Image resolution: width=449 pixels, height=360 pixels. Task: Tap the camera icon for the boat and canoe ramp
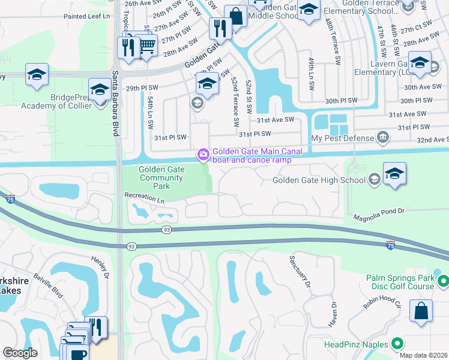203,155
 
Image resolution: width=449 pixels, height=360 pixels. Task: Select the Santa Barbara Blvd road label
114,105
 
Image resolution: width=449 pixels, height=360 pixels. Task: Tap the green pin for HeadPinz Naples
397,344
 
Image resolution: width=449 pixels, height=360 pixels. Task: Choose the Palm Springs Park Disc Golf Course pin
443,280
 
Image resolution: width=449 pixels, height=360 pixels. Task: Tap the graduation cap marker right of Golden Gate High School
394,174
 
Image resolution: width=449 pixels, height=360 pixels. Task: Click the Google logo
20,353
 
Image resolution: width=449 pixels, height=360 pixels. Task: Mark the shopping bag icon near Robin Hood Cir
421,311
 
